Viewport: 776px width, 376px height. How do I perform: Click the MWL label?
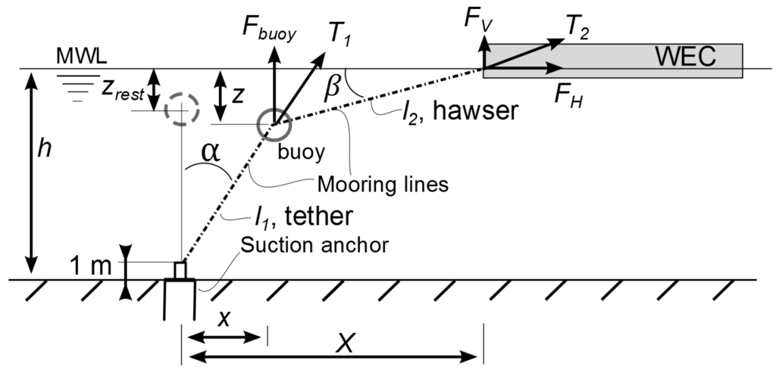click(x=74, y=57)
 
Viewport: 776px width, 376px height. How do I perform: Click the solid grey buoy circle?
click(x=272, y=124)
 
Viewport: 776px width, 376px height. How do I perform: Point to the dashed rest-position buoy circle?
click(x=181, y=110)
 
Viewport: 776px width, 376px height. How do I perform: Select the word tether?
click(x=316, y=216)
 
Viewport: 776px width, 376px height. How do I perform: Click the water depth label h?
click(x=45, y=150)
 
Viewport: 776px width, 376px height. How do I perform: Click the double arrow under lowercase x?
click(x=224, y=335)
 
